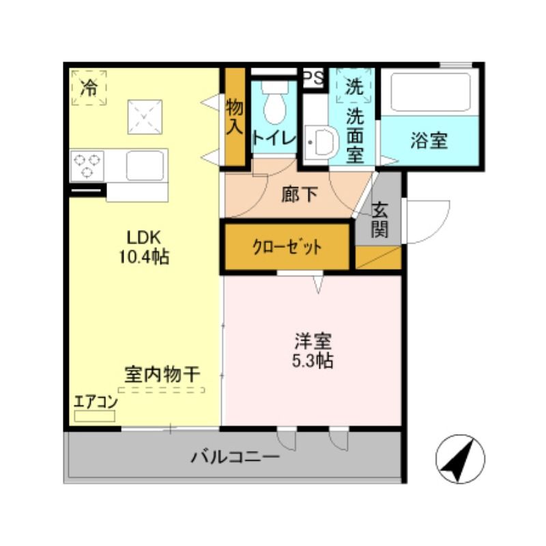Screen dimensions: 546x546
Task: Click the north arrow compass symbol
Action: (460, 459)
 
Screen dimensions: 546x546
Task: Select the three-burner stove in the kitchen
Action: (87, 166)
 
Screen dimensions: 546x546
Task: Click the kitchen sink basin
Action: (145, 165)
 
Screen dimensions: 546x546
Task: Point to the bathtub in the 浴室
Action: (431, 92)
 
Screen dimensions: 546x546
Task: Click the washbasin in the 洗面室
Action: (321, 143)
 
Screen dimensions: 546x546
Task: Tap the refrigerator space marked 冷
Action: (89, 87)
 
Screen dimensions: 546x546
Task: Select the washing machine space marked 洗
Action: (354, 86)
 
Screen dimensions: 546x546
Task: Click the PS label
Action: (313, 78)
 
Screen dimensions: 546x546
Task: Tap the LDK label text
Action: (144, 238)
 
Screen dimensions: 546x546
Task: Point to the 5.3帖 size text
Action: (313, 361)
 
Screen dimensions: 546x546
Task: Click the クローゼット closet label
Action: (287, 247)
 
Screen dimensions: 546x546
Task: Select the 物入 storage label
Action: (234, 116)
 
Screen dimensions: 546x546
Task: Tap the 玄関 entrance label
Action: (380, 219)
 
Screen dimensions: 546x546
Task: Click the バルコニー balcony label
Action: (235, 456)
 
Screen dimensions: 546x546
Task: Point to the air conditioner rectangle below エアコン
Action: (95, 416)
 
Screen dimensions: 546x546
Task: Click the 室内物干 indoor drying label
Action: (162, 375)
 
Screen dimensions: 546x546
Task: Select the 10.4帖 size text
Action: (144, 257)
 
